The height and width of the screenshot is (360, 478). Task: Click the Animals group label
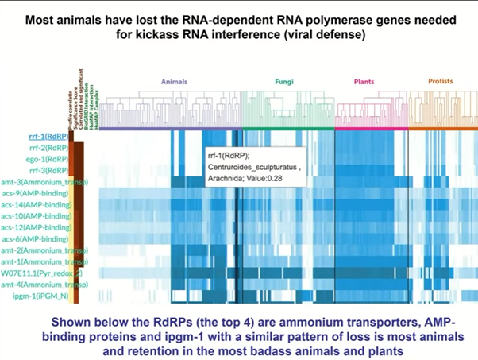pyautogui.click(x=174, y=82)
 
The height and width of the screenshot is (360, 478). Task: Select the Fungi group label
pyautogui.click(x=283, y=82)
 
